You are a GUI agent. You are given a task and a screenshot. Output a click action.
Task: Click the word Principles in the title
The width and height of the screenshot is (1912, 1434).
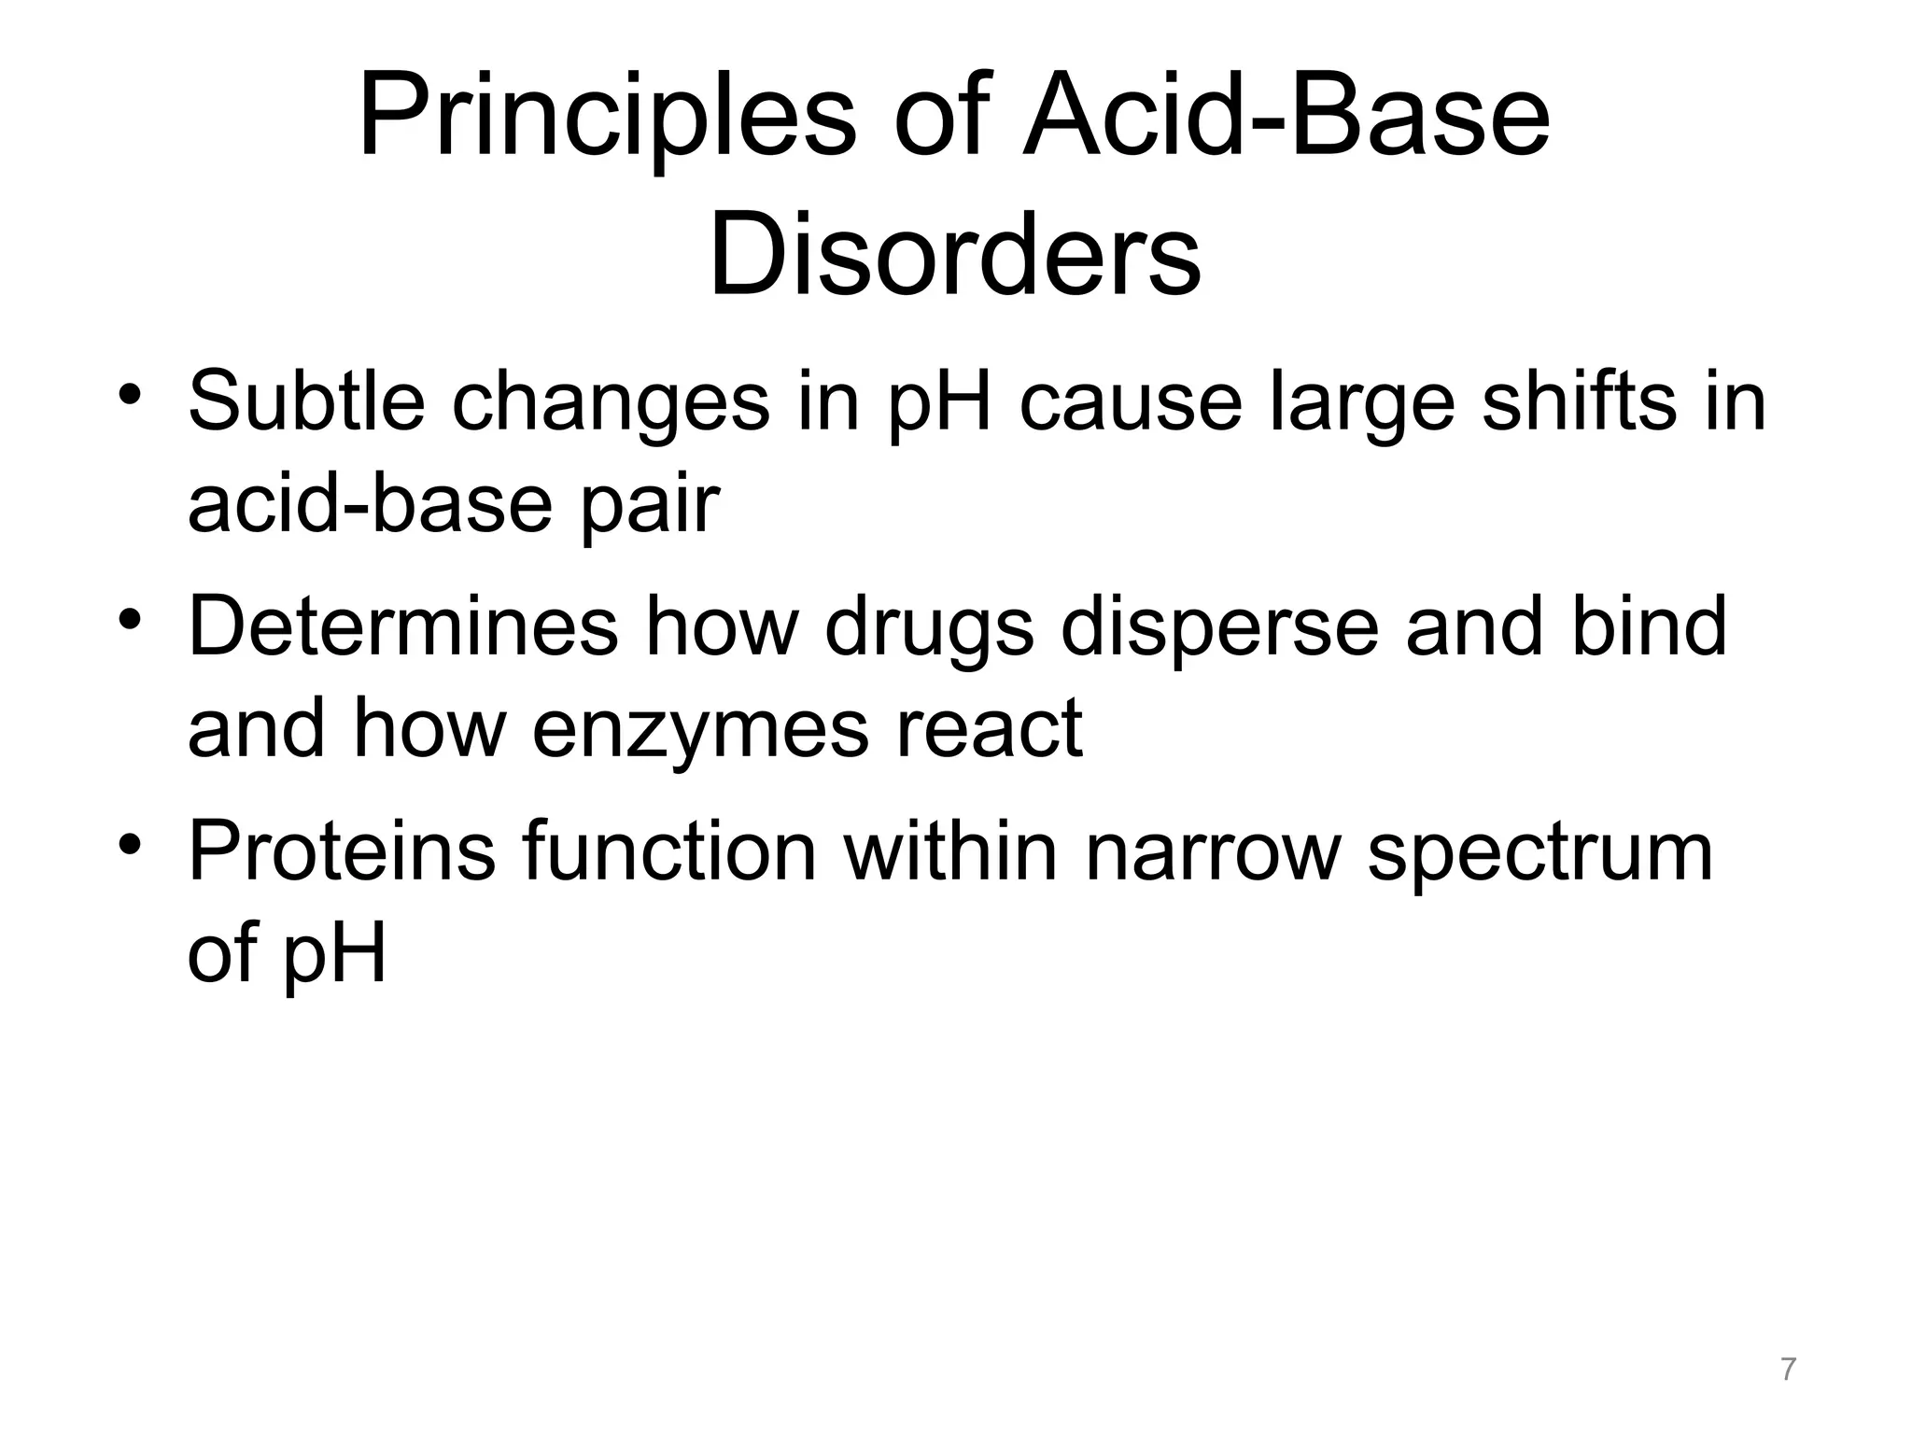606,121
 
